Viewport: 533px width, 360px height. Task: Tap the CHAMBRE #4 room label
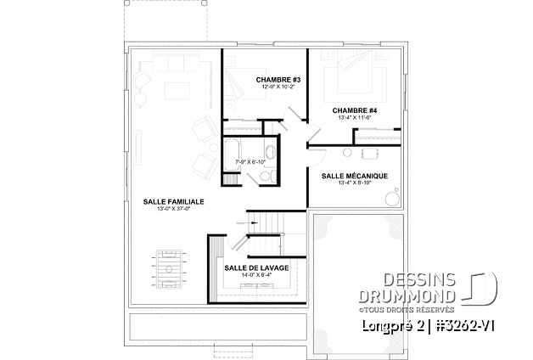pyautogui.click(x=354, y=110)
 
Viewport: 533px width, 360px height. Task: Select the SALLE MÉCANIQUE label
pyautogui.click(x=355, y=176)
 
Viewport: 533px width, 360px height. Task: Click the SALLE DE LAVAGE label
pyautogui.click(x=256, y=267)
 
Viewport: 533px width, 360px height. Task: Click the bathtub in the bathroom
pyautogui.click(x=231, y=160)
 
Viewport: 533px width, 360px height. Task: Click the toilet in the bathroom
pyautogui.click(x=266, y=175)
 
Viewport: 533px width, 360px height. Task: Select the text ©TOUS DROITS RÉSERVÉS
pyautogui.click(x=424, y=308)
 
